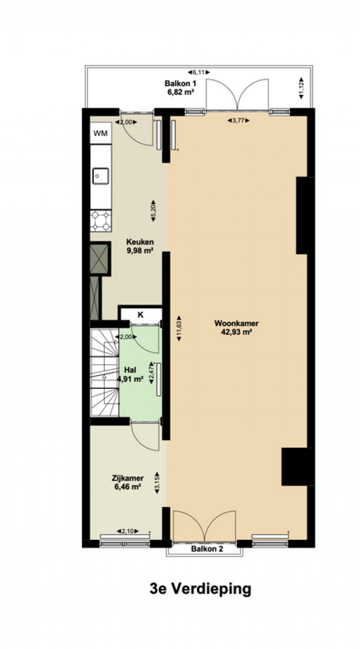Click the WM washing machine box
[101, 133]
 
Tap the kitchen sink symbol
[101, 176]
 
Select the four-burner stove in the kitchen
[101, 221]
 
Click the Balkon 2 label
[207, 549]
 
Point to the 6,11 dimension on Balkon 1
[198, 72]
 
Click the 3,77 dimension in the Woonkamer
[238, 121]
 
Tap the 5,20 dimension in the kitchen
[153, 211]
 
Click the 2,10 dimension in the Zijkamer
[127, 531]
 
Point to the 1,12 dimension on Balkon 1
[301, 88]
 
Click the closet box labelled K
[141, 314]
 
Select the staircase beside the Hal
[104, 373]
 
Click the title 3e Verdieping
[200, 589]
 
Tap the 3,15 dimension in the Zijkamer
[157, 483]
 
